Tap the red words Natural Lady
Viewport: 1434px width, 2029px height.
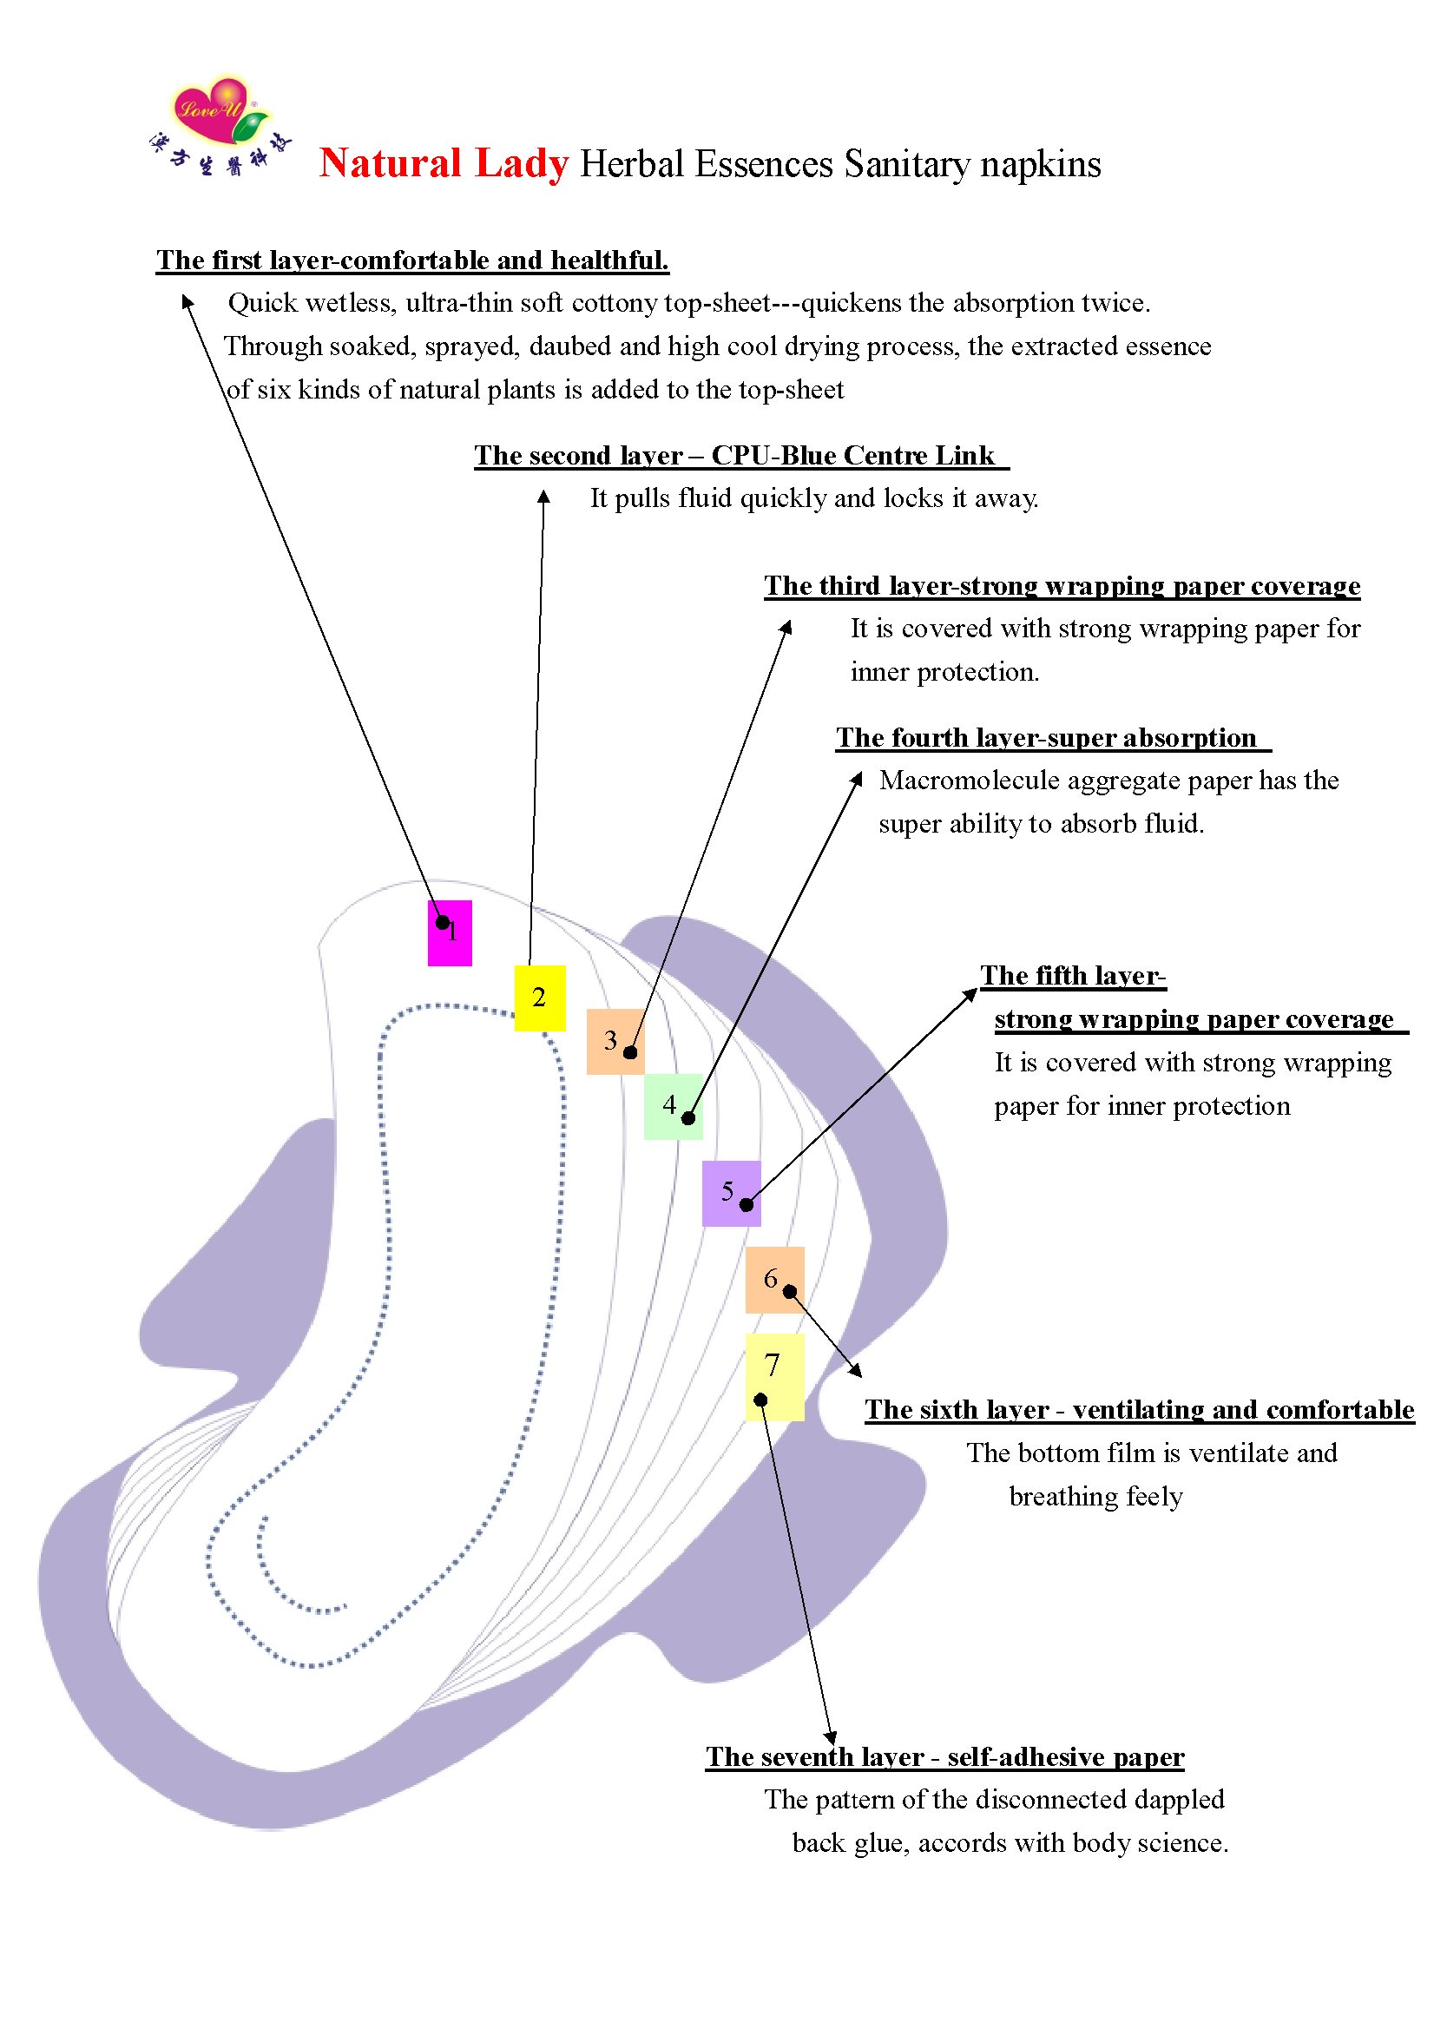click(444, 164)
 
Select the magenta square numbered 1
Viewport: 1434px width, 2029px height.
click(450, 933)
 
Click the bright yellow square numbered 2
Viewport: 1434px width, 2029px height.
click(540, 998)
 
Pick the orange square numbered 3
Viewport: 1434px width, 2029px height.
click(615, 1041)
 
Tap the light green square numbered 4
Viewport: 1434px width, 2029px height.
click(674, 1106)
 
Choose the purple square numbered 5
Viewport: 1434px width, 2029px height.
click(731, 1193)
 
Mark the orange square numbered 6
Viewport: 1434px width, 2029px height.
click(774, 1280)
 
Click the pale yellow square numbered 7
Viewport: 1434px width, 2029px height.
click(774, 1376)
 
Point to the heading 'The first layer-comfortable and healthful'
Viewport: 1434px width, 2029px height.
click(412, 260)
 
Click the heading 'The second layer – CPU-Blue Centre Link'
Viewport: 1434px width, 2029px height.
click(735, 456)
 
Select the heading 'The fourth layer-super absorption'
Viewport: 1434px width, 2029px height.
click(1047, 738)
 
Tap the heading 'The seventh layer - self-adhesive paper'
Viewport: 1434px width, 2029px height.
click(944, 1757)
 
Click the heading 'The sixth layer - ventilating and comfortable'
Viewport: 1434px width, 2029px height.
click(1139, 1409)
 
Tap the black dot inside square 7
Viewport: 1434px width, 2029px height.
click(760, 1400)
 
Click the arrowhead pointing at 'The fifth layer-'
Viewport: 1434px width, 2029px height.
click(972, 993)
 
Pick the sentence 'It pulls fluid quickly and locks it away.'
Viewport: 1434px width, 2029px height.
click(813, 498)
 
